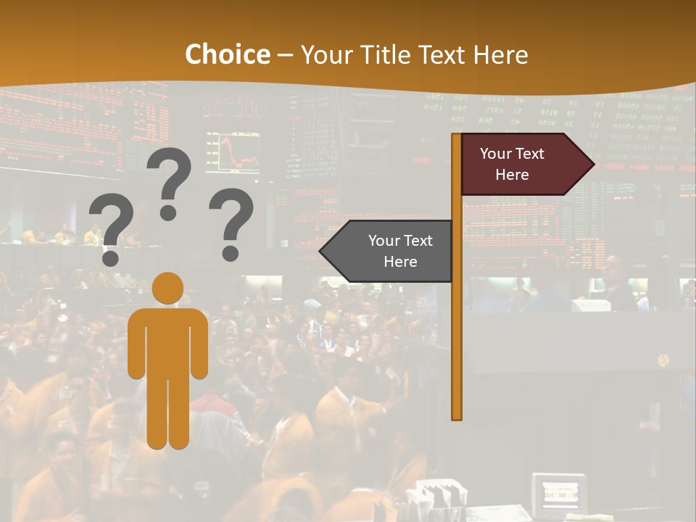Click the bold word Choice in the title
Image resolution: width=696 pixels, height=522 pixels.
point(227,54)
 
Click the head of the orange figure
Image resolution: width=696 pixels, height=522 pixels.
point(168,288)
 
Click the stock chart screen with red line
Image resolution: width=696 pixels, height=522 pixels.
point(233,152)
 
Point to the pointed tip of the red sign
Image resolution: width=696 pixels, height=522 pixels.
point(594,164)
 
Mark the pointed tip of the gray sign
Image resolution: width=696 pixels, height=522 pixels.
point(321,251)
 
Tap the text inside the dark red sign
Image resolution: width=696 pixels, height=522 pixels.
point(512,164)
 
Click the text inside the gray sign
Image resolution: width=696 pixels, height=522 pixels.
point(400,251)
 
